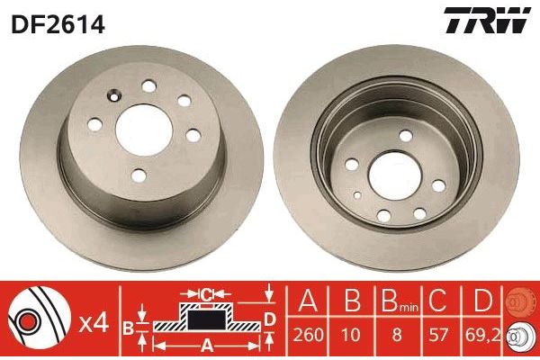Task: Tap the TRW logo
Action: point(487,20)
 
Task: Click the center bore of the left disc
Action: point(144,130)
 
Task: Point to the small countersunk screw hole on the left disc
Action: point(114,96)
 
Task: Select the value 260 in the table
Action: point(308,335)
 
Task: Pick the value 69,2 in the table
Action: point(482,335)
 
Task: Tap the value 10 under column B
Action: point(351,335)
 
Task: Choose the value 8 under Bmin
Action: point(397,335)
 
